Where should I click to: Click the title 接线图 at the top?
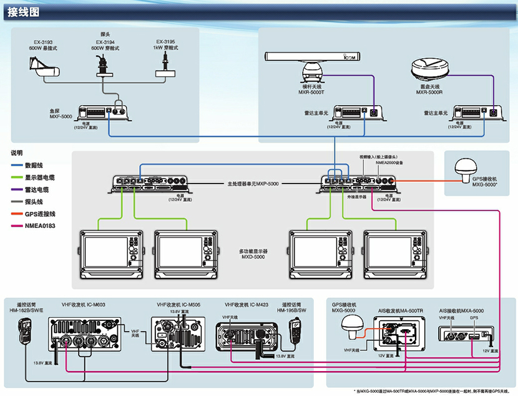[x=24, y=12]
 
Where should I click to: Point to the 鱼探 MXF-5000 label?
[x=61, y=112]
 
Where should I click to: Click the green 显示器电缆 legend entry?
[x=37, y=177]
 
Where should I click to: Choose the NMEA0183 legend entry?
[x=37, y=226]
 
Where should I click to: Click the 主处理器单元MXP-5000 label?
[x=252, y=184]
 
